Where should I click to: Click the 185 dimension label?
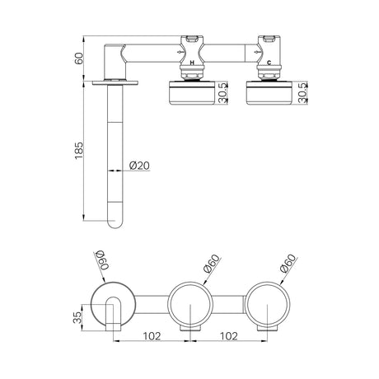(x=78, y=150)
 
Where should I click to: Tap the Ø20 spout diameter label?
(x=139, y=166)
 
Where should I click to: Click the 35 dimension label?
(x=78, y=317)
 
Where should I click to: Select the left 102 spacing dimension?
(x=152, y=336)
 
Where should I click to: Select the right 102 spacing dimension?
(x=228, y=336)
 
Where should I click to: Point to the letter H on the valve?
(x=192, y=63)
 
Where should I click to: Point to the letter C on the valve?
(x=269, y=63)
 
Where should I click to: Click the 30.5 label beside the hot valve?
(x=223, y=93)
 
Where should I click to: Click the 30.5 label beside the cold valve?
(x=302, y=93)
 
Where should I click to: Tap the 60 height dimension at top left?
(x=79, y=58)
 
